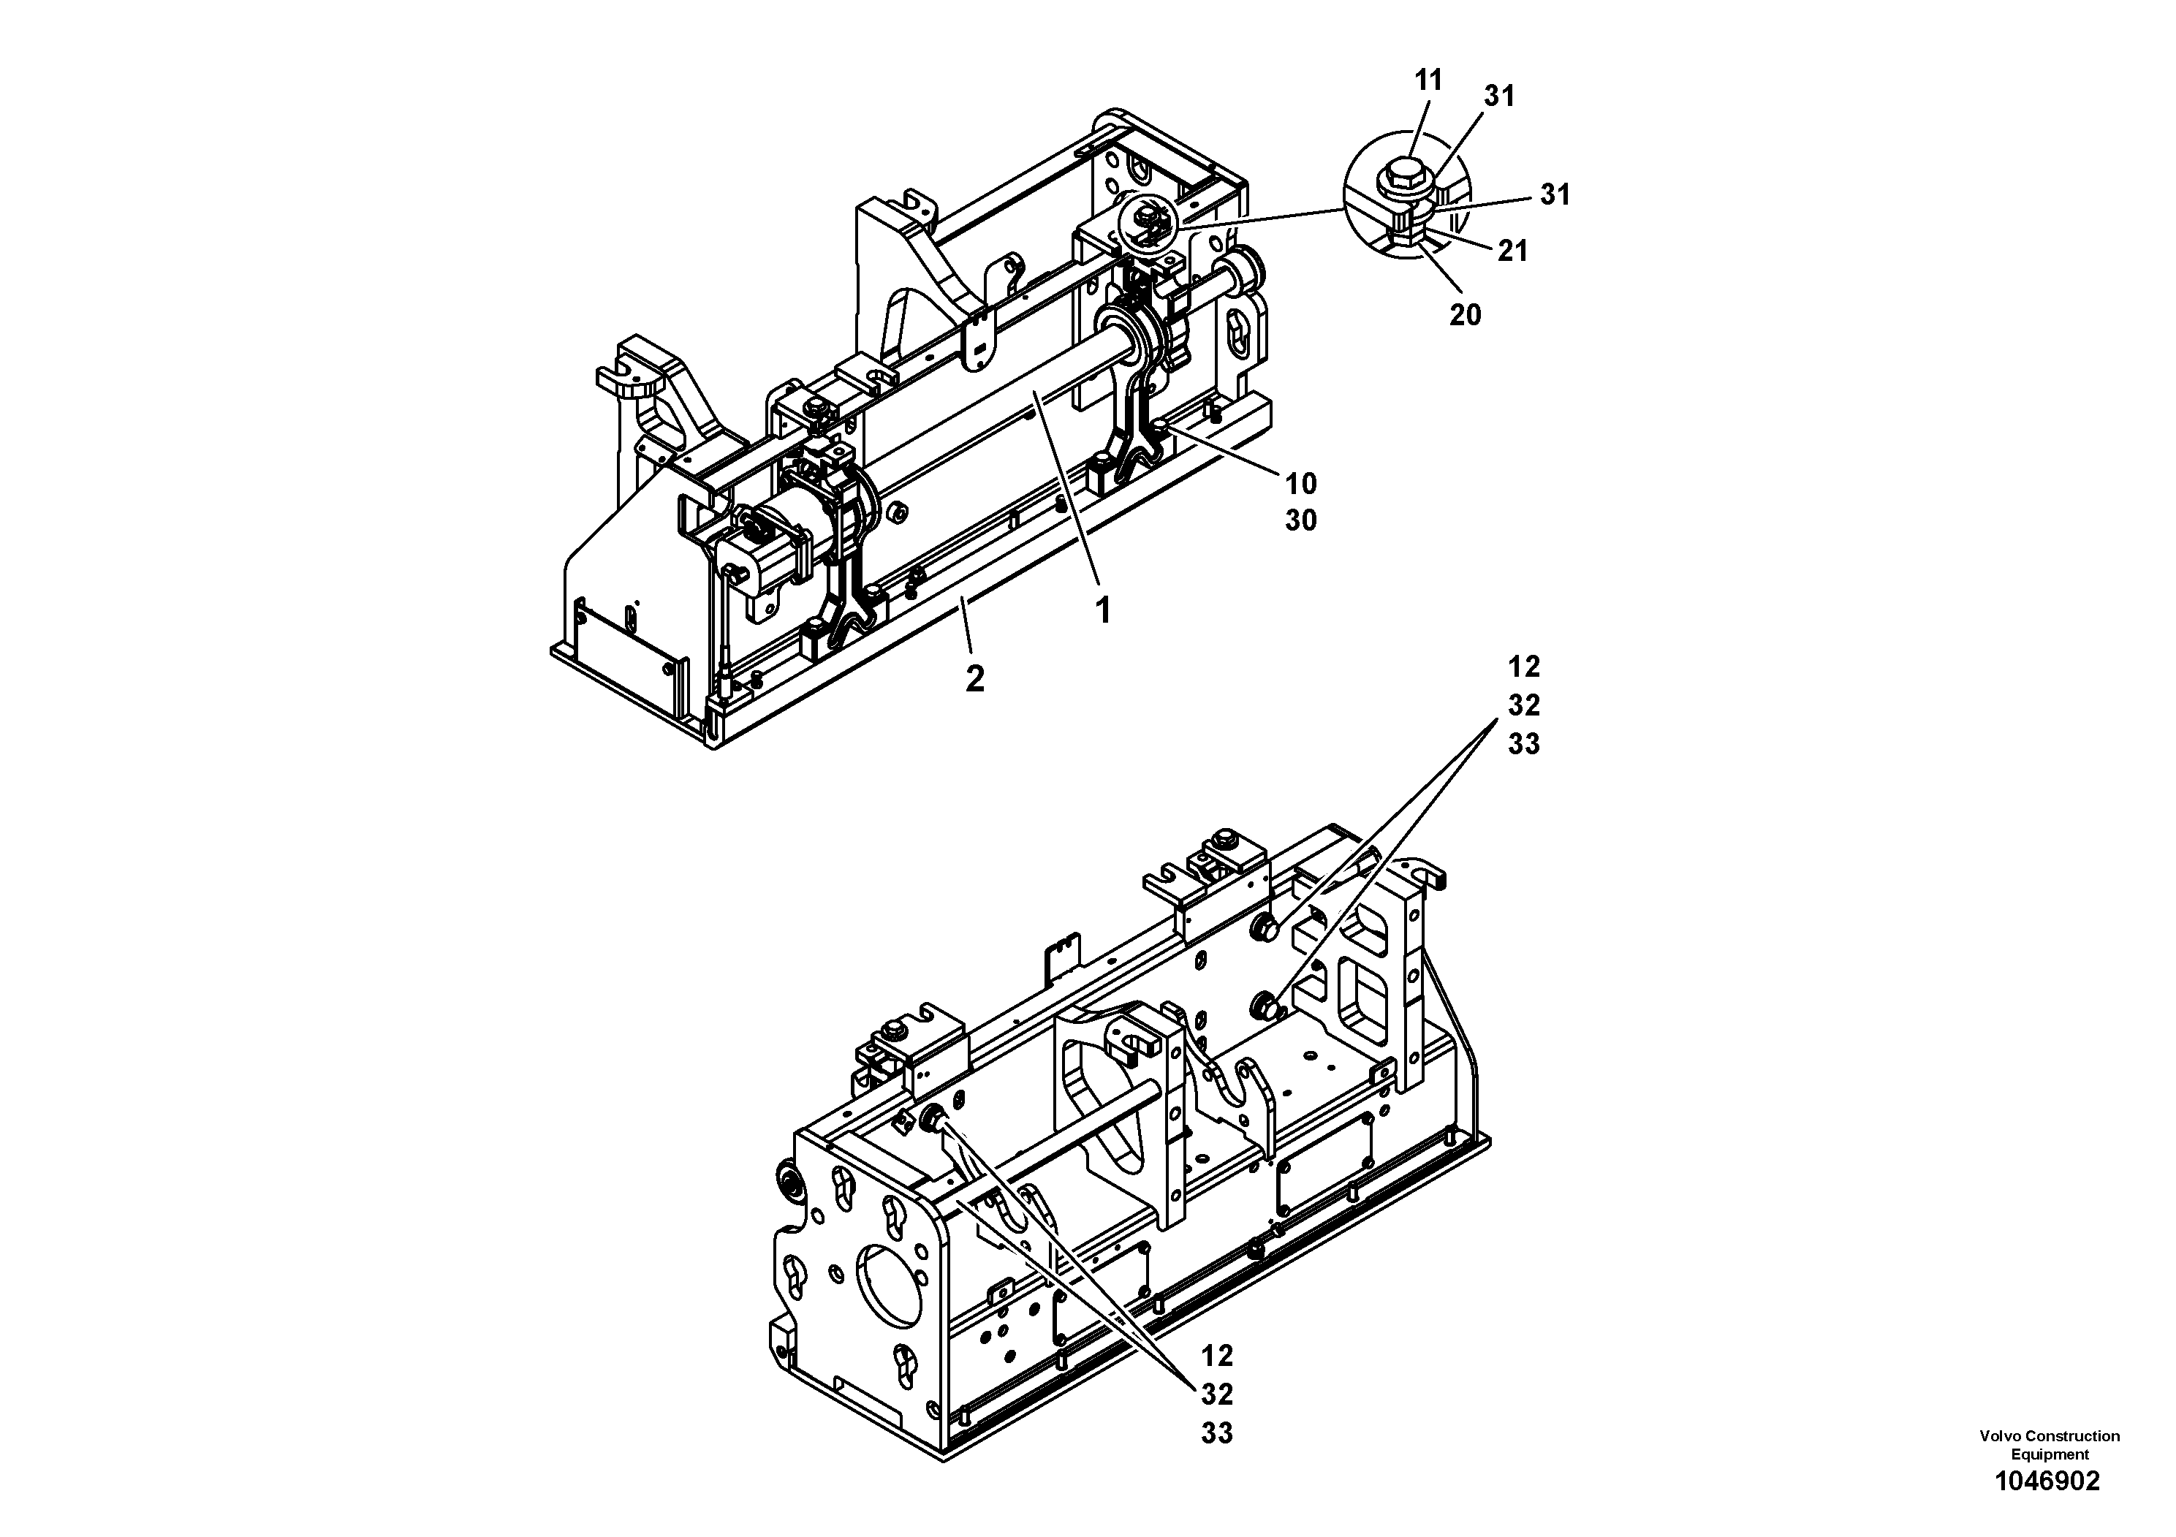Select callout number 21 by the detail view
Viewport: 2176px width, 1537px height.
coord(1512,251)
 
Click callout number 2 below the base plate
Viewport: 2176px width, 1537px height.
coord(974,678)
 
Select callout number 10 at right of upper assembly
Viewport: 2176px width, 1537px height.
coord(1300,485)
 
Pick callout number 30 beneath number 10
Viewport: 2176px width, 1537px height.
coord(1300,520)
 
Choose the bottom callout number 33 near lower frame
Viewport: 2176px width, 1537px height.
coord(1217,1434)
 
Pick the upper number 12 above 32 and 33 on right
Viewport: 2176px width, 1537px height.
coord(1524,667)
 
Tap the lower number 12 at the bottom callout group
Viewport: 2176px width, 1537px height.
coord(1217,1356)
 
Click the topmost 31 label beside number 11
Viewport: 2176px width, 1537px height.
coord(1499,96)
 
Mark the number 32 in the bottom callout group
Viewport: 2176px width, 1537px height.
coord(1217,1395)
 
